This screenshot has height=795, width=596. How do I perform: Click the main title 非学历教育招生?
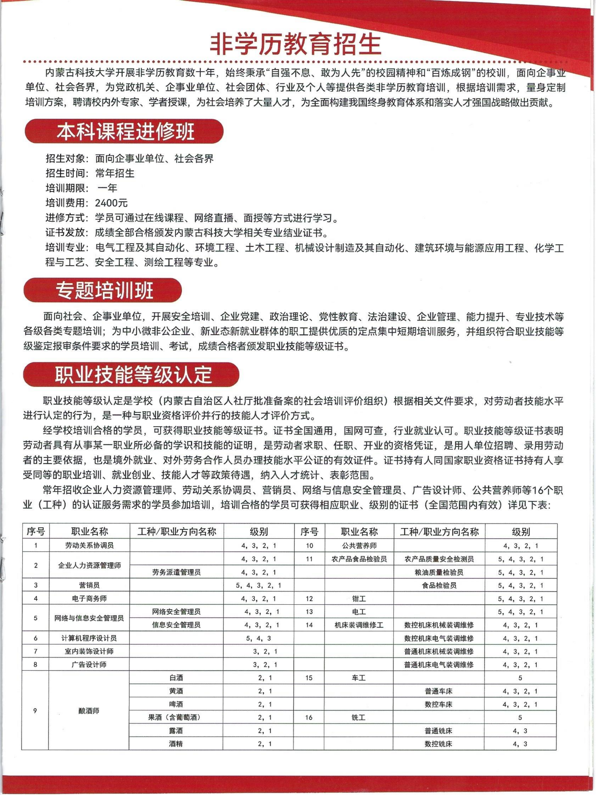point(295,45)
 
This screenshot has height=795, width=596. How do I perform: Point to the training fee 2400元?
point(111,203)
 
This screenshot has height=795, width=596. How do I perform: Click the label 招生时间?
point(66,174)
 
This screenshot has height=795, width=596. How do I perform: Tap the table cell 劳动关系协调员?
point(89,545)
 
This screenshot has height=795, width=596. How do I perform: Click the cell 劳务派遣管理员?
point(176,572)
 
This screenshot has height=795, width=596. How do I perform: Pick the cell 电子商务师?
point(89,599)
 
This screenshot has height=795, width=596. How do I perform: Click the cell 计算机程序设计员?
point(89,638)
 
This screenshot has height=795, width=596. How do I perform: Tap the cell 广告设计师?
point(89,665)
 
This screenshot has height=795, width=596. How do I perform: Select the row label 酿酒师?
point(89,711)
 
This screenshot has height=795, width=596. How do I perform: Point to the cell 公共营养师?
point(359,546)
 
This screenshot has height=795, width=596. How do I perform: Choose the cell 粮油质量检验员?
point(439,572)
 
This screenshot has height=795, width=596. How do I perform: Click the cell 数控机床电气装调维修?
point(439,638)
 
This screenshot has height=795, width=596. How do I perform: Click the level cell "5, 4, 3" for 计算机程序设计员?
point(258,639)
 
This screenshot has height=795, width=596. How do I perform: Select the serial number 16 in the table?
point(309,718)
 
